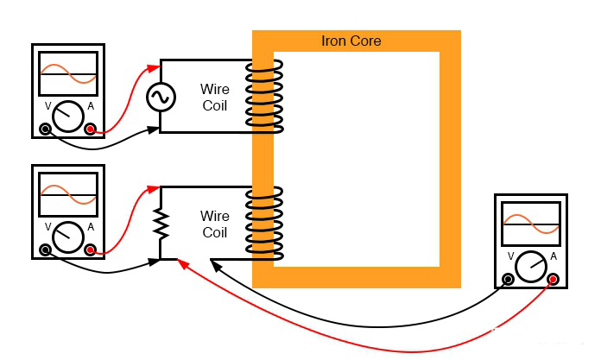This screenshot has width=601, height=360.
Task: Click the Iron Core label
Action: pos(351,41)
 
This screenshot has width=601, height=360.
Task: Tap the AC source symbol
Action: pos(161,98)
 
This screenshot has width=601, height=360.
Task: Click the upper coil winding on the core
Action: pos(263,97)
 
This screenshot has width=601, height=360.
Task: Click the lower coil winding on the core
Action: pos(263,223)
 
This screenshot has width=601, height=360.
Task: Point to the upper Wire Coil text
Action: pos(214,96)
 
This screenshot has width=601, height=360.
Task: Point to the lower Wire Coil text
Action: pos(214,224)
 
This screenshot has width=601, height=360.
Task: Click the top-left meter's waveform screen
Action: pos(67,75)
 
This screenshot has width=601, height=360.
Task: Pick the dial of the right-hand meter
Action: pos(530,263)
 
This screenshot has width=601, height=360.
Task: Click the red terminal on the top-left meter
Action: pos(91,129)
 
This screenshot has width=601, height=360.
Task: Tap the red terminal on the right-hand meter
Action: pos(553,279)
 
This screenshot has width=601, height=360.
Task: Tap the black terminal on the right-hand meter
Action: pos(508,279)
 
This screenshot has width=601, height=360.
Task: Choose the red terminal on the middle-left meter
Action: pos(91,250)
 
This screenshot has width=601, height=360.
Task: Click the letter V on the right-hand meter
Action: pos(512,256)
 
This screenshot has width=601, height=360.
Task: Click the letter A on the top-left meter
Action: pos(91,106)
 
